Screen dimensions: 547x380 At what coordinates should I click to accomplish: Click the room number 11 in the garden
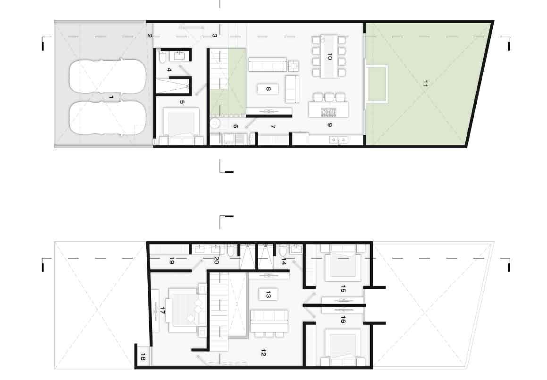click(425, 84)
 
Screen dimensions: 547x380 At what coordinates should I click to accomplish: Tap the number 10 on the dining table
click(329, 56)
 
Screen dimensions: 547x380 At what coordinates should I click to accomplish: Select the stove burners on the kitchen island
click(328, 112)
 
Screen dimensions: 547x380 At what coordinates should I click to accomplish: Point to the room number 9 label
click(330, 125)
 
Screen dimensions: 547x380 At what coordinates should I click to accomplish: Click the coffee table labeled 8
click(268, 89)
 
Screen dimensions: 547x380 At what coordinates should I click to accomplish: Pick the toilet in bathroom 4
click(162, 57)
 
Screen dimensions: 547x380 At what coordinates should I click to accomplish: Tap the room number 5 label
click(182, 102)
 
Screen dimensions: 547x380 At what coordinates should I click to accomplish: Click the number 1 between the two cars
click(111, 97)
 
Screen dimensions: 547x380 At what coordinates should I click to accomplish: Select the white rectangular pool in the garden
click(377, 84)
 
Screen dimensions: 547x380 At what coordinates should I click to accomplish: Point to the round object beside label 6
click(215, 122)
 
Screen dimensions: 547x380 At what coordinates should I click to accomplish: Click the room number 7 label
click(273, 126)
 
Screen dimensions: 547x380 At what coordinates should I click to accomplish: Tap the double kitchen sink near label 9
click(338, 140)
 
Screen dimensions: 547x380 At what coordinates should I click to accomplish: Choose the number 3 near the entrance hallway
click(215, 35)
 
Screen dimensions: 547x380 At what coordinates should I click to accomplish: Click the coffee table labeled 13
click(268, 295)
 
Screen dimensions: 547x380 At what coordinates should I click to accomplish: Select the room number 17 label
click(162, 310)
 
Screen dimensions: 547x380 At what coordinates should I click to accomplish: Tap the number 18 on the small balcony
click(143, 357)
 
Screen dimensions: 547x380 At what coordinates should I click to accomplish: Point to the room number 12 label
click(263, 353)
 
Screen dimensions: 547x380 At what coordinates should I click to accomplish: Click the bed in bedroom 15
click(343, 262)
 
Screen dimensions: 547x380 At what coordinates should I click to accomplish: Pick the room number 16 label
click(343, 319)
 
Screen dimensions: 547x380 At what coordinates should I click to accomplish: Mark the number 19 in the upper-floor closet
click(172, 260)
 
